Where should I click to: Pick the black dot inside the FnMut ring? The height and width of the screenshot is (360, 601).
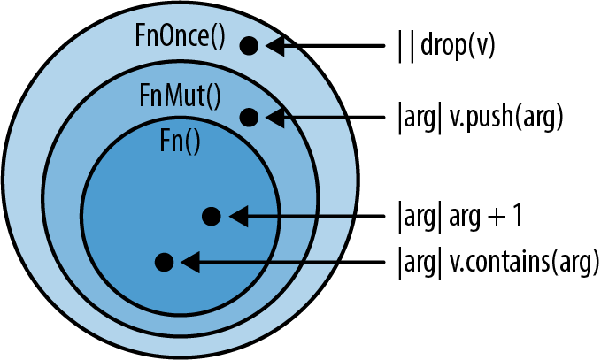coord(249,116)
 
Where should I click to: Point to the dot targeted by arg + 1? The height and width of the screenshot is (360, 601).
coord(211,215)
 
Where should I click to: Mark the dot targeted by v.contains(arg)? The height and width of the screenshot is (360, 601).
coord(163,262)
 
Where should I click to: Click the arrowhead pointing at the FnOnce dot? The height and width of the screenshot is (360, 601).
coord(274,45)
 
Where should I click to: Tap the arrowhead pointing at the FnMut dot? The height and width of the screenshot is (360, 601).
coord(274,116)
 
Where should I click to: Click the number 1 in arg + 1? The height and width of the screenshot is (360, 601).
coord(520,215)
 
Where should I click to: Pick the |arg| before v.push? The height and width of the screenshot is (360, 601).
coord(419,117)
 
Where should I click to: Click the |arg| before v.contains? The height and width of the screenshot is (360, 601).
coord(419,263)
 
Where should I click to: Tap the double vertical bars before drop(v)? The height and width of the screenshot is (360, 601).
coord(404,45)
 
